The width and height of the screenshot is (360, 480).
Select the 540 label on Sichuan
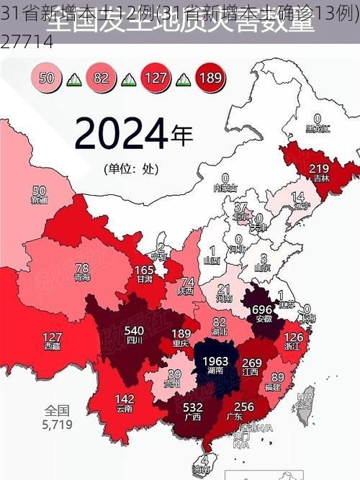pos(135,331)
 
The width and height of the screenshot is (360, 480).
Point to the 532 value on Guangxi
pos(192,407)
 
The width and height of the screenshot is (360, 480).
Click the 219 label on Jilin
pos(319,168)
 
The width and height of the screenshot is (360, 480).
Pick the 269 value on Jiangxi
pos(251,363)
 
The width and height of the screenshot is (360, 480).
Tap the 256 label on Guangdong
pos(244,407)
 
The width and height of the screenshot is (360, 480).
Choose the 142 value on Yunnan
pos(124,399)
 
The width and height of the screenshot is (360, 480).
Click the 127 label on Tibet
pos(52,337)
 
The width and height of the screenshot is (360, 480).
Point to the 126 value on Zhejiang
pos(293,336)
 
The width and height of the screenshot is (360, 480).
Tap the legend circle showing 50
pos(47,78)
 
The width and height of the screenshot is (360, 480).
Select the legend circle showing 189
pos(210,78)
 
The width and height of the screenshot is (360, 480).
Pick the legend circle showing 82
pos(101,78)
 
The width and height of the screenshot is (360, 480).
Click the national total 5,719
pos(57,425)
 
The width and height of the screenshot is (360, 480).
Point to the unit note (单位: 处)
pos(130,169)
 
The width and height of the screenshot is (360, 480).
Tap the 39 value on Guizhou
pos(174,375)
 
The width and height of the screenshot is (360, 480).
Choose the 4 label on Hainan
pos(205,459)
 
